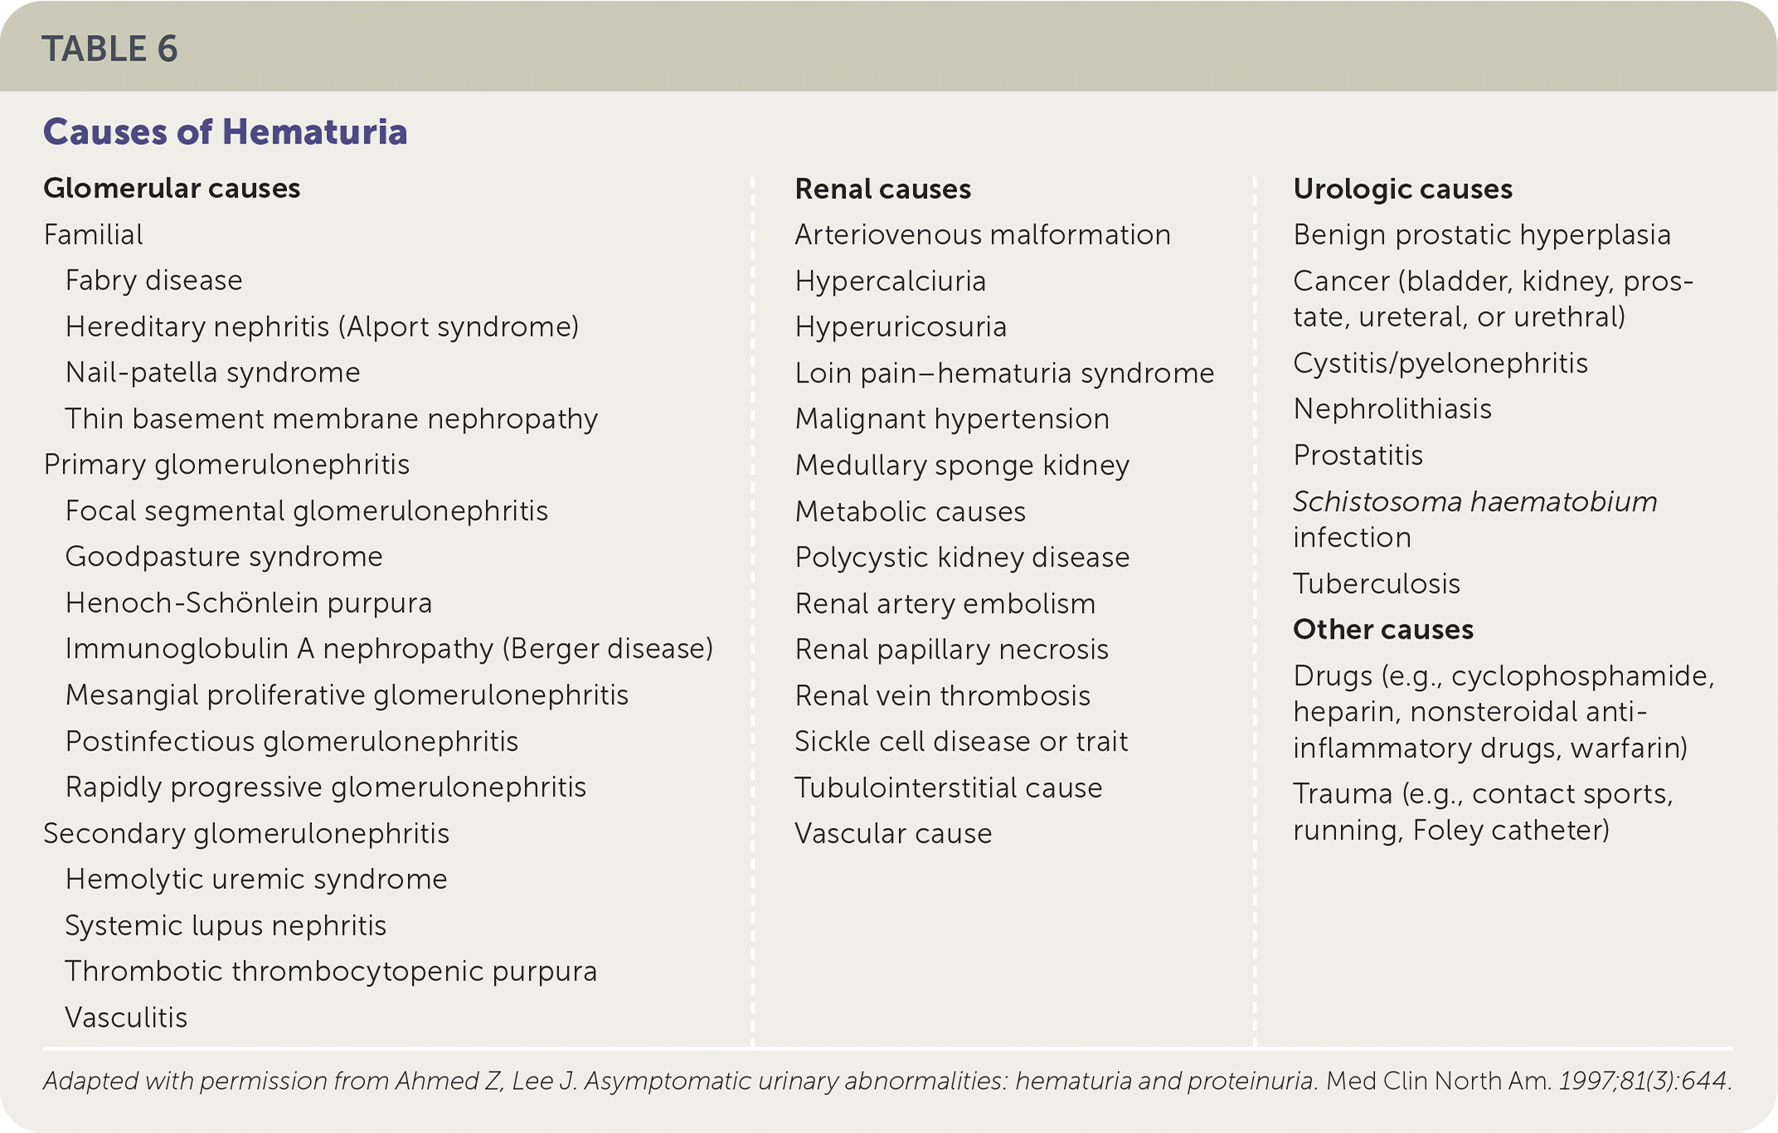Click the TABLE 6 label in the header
109,49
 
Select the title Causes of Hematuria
225,132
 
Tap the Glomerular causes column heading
172,188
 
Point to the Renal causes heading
882,189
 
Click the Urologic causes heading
1402,189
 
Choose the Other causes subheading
1382,630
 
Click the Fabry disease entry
153,280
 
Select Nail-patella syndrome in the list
212,372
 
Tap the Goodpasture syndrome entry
224,557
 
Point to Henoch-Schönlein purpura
249,603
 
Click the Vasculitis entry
126,1018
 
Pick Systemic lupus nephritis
226,926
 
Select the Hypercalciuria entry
890,281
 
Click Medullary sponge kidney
962,465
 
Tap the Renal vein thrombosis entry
942,696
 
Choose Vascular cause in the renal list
893,834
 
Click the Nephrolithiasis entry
1392,409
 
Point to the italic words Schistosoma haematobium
1474,502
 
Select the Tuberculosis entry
1377,584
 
